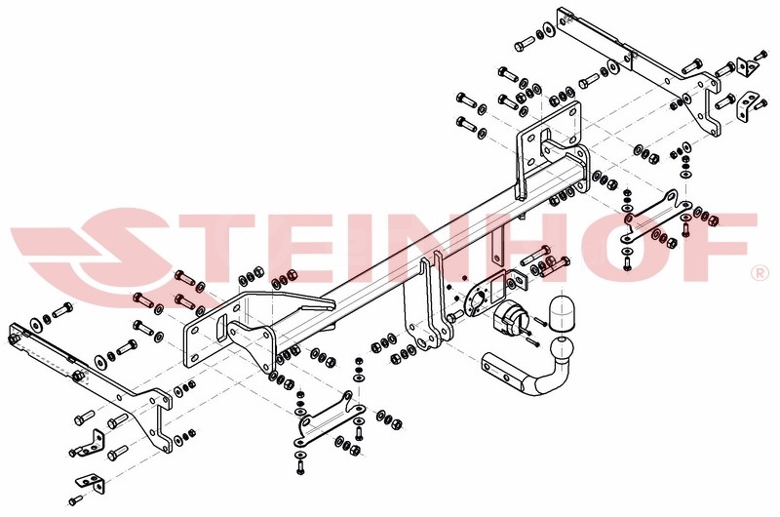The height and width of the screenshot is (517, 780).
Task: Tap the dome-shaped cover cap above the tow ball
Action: pos(563,312)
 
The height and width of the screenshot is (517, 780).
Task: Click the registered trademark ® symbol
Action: pos(760,272)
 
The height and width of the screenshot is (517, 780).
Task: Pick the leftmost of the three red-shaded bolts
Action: pos(142,299)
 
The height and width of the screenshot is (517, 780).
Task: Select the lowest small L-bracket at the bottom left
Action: pos(91,482)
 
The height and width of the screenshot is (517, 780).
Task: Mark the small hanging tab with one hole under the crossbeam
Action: pos(496,248)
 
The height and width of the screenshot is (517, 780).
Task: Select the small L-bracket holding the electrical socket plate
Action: pos(518,281)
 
